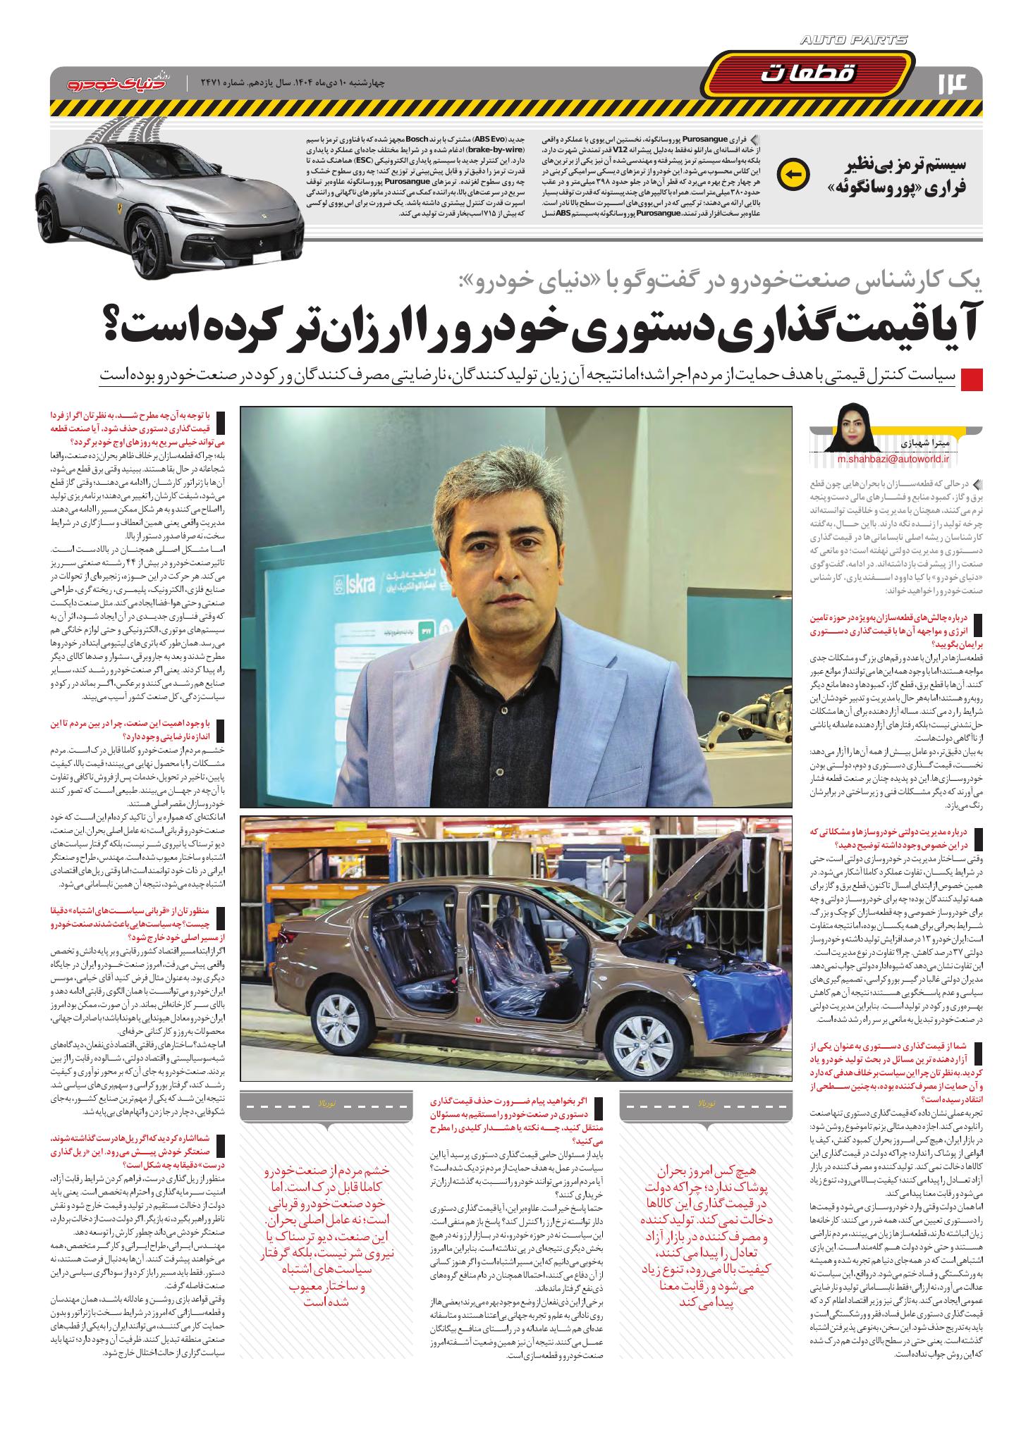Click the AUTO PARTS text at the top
tap(854, 41)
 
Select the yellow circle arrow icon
tap(792, 174)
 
